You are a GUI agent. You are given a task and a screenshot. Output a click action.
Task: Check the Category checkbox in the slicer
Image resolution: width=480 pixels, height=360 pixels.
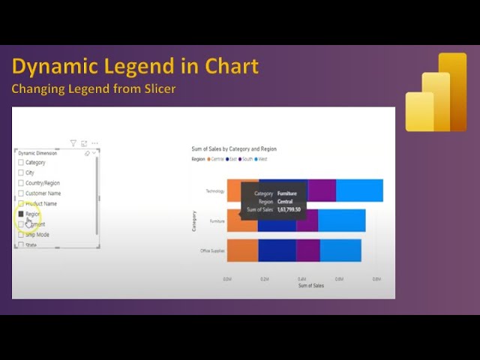21,163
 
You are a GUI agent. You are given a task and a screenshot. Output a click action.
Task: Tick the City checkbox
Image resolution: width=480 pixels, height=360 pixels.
21,172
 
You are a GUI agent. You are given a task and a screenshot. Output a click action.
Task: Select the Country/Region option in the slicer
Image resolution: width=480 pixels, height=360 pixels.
21,183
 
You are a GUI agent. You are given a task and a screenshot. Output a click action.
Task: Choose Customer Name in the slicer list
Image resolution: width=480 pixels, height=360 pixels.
21,193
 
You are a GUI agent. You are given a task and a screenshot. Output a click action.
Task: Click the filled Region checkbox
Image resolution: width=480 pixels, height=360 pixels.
21,214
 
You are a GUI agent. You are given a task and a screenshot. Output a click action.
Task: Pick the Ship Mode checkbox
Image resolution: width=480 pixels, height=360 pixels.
21,235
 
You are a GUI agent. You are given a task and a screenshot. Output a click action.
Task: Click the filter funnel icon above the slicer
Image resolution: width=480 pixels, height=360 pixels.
73,143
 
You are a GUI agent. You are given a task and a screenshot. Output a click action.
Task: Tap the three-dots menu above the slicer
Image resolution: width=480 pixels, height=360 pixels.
94,143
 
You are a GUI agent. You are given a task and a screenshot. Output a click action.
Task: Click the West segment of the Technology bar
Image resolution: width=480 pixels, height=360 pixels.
359,190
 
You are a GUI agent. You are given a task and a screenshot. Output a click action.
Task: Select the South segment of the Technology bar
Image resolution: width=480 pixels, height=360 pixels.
322,190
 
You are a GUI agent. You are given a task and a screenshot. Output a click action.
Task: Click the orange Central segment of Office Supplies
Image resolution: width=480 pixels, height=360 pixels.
242,250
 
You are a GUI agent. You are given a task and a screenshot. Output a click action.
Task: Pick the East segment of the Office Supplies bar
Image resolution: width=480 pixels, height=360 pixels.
277,250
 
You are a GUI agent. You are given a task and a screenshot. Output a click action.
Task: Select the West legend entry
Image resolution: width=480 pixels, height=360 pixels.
262,159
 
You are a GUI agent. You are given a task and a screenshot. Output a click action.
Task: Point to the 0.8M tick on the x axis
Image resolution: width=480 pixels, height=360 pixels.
377,278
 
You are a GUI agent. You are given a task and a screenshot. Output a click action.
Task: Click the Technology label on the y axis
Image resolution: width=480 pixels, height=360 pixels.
214,191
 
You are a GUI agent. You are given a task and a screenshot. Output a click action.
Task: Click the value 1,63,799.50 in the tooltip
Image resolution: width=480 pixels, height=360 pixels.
289,210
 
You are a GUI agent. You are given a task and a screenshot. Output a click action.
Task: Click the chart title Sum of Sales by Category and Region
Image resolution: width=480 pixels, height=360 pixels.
235,149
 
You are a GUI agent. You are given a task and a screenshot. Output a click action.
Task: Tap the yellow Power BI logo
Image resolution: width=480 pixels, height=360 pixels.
436,92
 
